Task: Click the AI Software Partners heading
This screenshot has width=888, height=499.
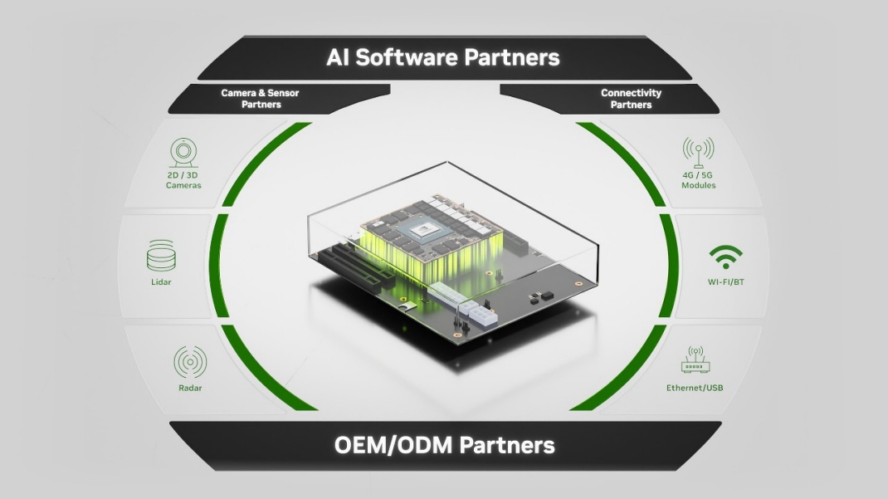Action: coord(443,57)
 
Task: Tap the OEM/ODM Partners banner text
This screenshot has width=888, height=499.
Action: coord(444,445)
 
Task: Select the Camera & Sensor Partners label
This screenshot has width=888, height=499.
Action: coord(260,99)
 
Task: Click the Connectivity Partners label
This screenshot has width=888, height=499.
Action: coord(631,99)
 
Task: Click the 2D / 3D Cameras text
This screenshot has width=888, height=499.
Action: coord(183,180)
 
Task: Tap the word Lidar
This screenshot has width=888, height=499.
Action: coord(161,282)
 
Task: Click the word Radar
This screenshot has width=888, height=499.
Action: coord(190,388)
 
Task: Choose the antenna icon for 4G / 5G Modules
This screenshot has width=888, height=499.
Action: coord(698,152)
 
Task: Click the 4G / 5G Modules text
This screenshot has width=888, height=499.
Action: coord(698,180)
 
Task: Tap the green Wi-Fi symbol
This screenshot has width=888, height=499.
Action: coord(725,257)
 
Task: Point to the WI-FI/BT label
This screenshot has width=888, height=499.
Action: coord(725,281)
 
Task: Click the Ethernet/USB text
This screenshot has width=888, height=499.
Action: coord(695,388)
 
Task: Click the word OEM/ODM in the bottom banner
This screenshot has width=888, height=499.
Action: coord(393,445)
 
